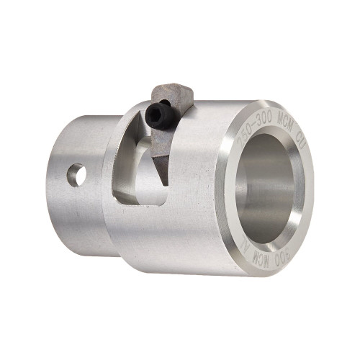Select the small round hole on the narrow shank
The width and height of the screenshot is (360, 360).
pyautogui.click(x=76, y=173)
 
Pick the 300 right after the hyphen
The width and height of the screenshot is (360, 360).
pyautogui.click(x=263, y=120)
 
